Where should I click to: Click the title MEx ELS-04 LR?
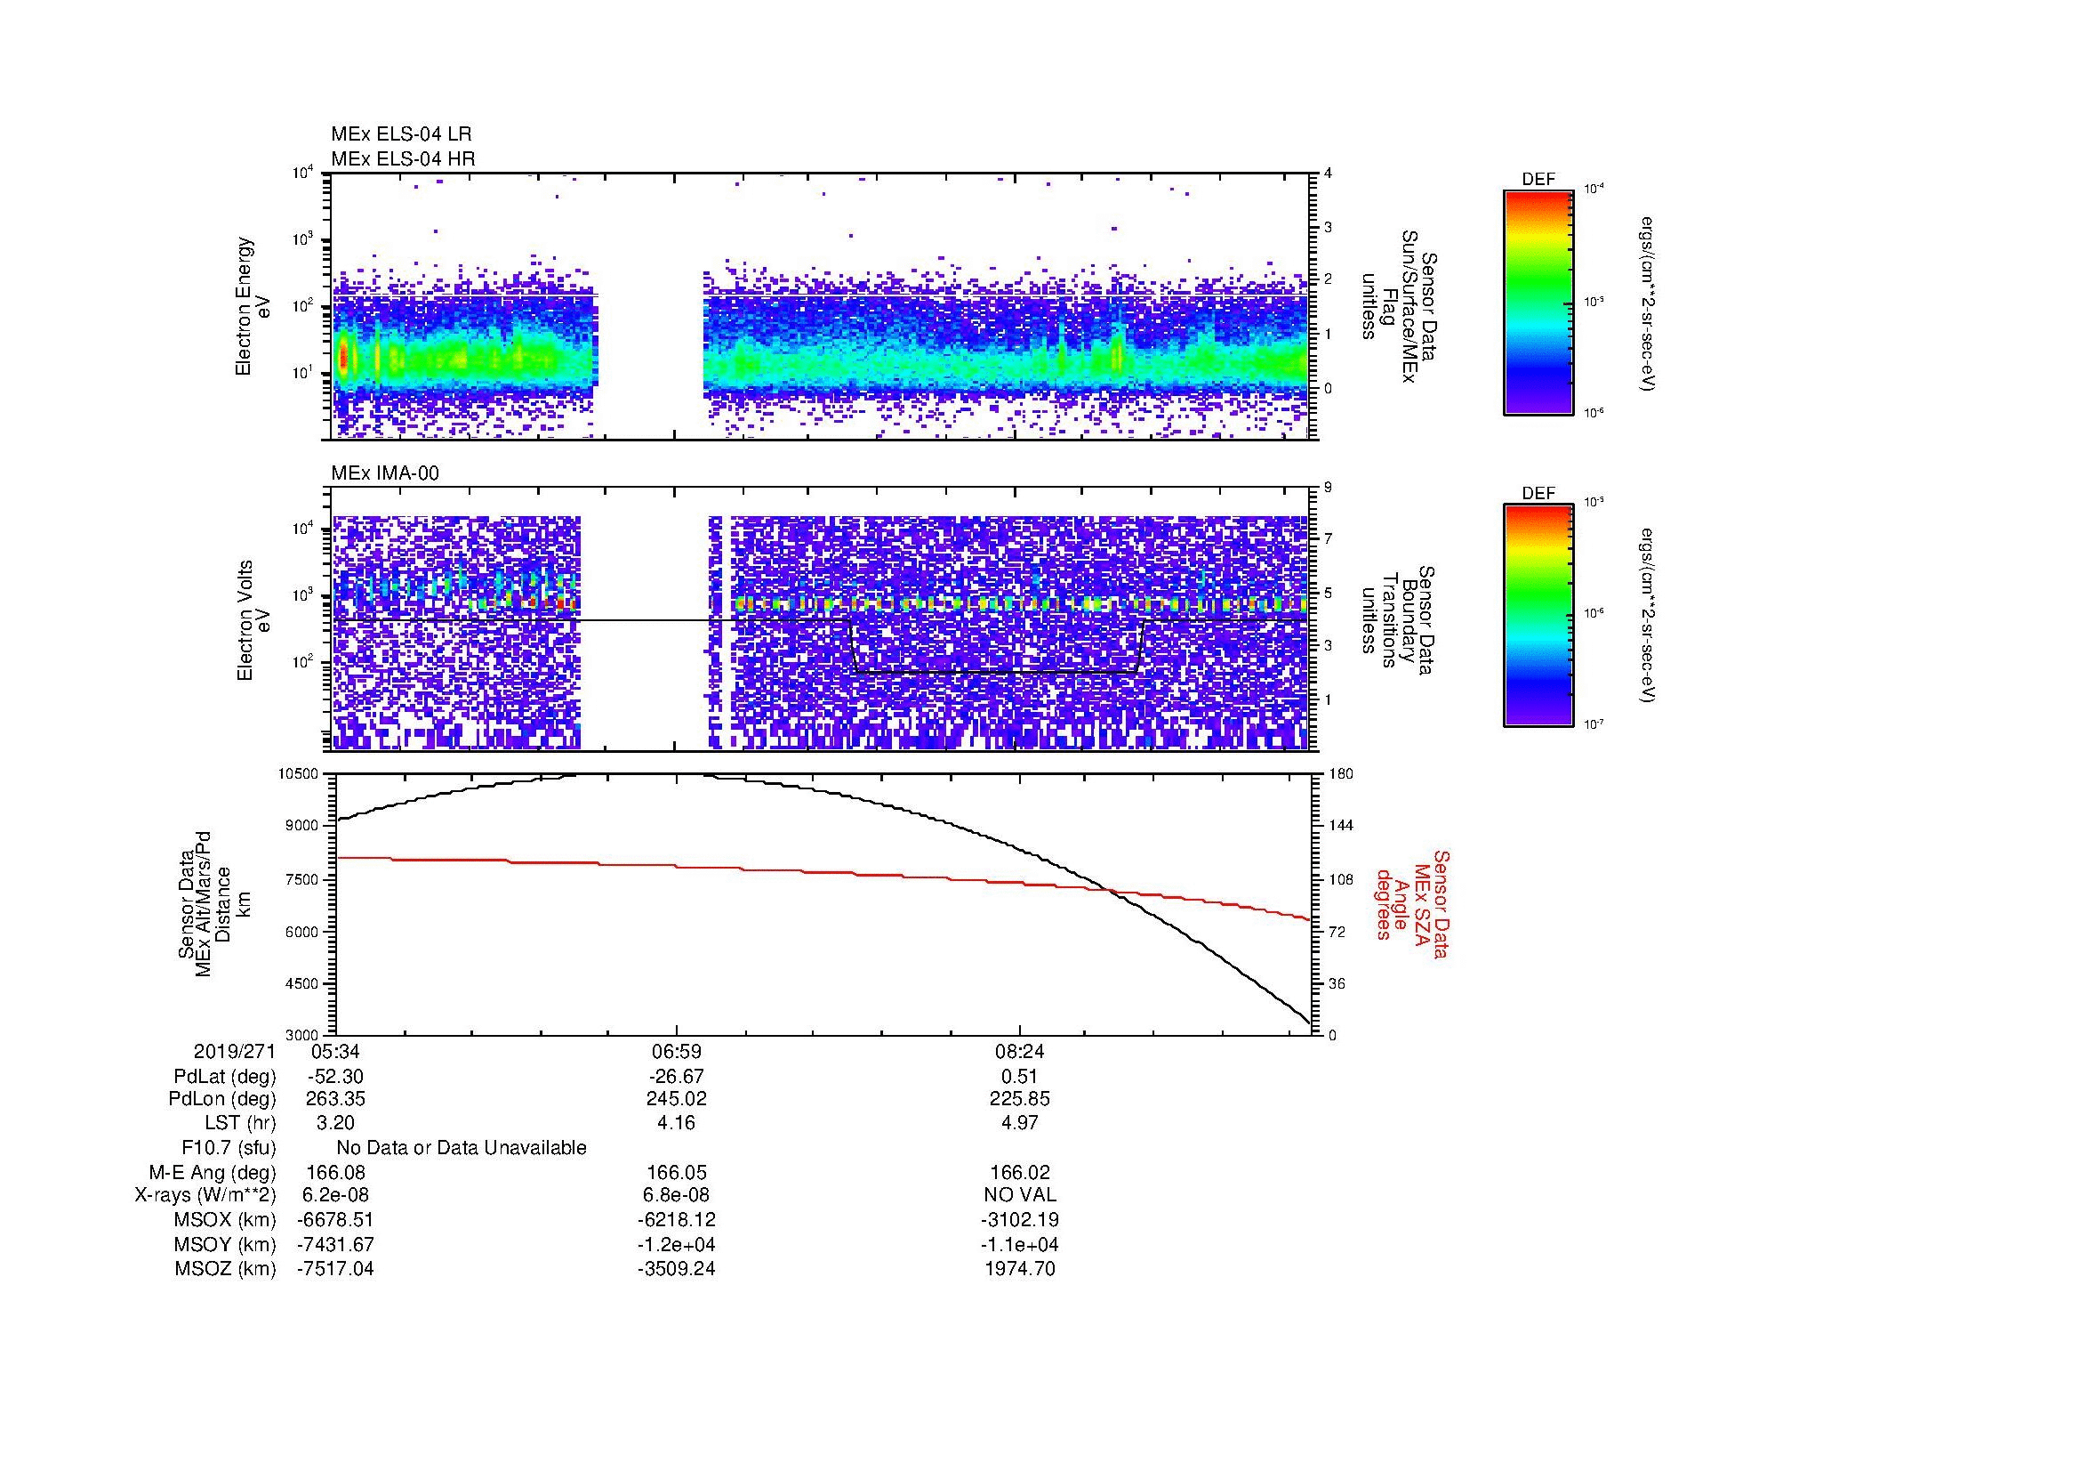(400, 134)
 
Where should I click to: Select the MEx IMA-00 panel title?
(385, 473)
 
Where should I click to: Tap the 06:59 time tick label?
(676, 1052)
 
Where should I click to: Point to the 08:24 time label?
(1019, 1052)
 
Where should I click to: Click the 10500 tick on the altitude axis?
(299, 773)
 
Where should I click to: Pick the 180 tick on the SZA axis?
(1341, 773)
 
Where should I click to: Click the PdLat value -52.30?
(335, 1077)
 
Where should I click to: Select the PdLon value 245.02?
(676, 1099)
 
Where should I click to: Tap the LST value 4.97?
(1019, 1123)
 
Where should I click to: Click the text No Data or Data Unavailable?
(462, 1147)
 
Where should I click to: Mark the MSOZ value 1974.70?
(1019, 1269)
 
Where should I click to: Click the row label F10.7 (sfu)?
(229, 1147)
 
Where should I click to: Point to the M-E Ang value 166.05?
(676, 1172)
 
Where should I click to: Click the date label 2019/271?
(234, 1052)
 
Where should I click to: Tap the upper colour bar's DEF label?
(1538, 180)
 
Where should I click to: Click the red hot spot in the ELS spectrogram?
(343, 358)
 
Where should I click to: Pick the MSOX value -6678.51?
(335, 1220)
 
